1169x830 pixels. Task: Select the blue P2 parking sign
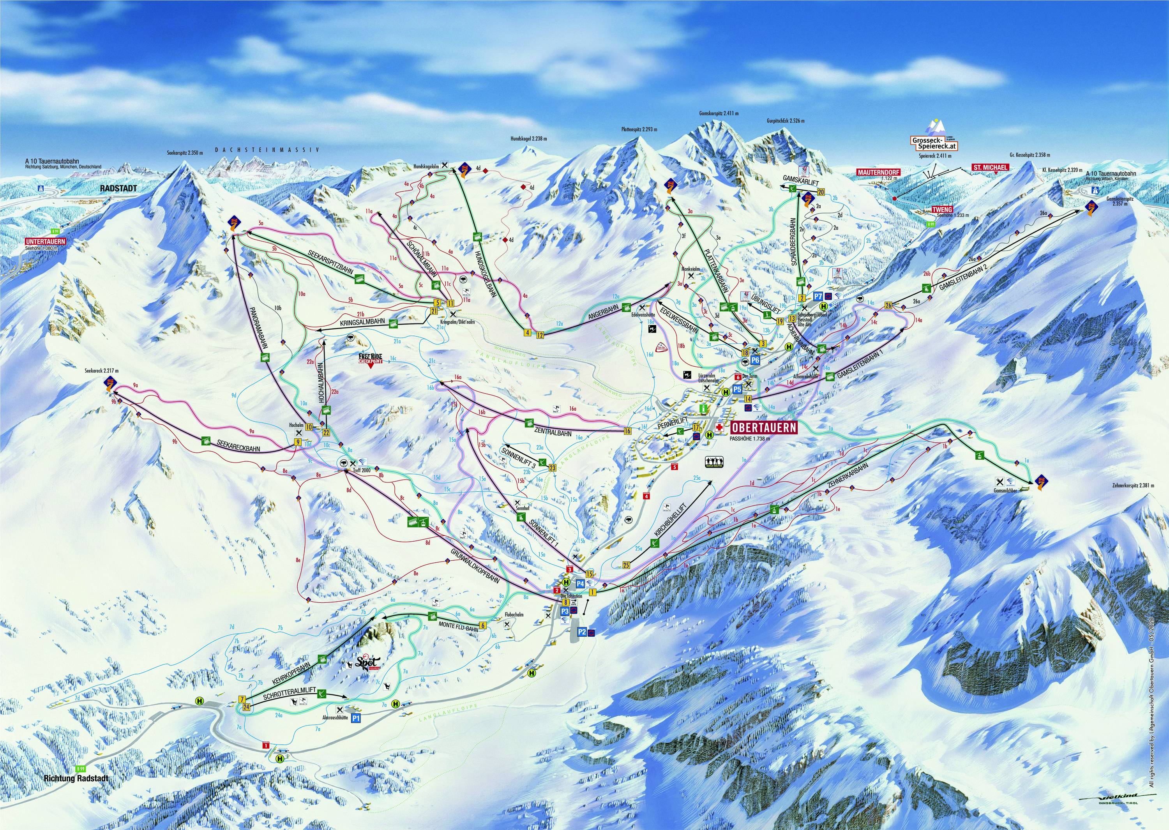point(582,632)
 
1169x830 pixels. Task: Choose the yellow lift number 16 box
point(627,431)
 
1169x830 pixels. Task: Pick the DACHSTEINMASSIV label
point(267,150)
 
